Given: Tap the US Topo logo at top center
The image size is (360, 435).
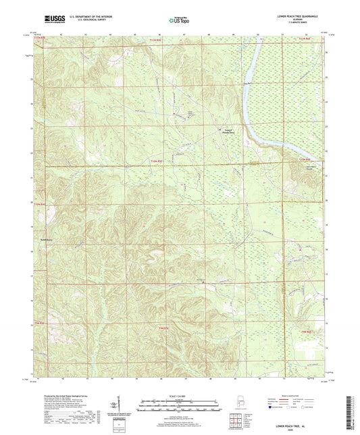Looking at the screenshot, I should pos(178,20).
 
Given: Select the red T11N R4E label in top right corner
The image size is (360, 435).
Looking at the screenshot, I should pos(306,43).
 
